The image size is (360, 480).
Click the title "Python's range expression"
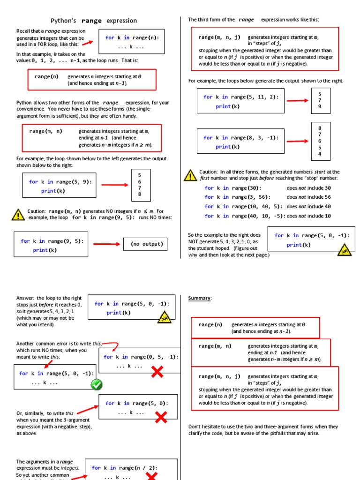(x=94, y=21)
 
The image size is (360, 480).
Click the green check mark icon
(x=97, y=384)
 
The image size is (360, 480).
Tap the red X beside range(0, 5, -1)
(x=157, y=372)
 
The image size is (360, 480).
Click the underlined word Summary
(x=200, y=298)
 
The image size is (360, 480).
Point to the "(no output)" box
(x=147, y=244)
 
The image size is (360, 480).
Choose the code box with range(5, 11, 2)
(x=240, y=101)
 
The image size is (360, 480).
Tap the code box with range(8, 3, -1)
(x=240, y=142)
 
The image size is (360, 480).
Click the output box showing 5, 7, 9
(x=320, y=100)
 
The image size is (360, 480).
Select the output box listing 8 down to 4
(x=320, y=141)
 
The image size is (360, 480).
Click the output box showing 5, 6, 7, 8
(x=139, y=184)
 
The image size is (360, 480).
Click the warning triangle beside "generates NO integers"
(x=18, y=215)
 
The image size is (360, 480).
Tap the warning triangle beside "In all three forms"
(x=190, y=175)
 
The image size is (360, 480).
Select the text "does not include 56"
(x=308, y=197)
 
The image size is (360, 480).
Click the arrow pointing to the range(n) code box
(x=87, y=43)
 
